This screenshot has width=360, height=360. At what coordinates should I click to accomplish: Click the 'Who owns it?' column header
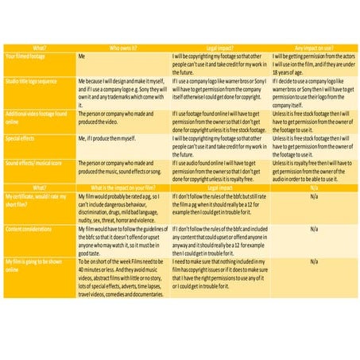tap(123, 48)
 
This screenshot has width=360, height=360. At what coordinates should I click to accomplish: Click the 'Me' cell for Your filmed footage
tap(82, 56)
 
